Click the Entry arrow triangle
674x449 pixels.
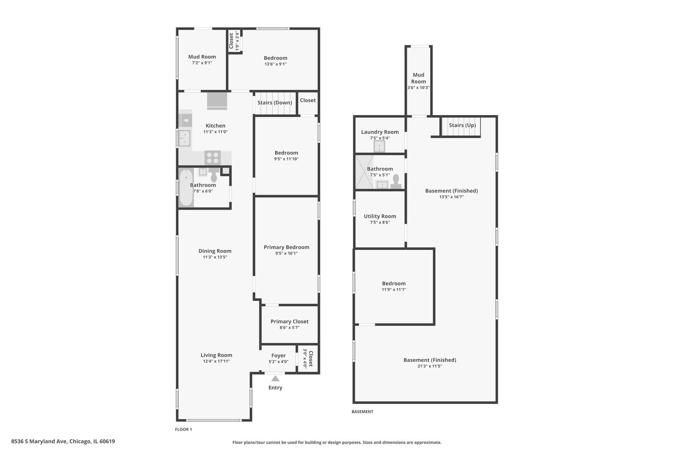(x=275, y=378)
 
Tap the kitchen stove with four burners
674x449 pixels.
(x=213, y=158)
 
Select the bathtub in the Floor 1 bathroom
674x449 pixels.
(x=186, y=187)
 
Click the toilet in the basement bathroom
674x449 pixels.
(x=396, y=181)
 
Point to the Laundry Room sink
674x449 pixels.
(x=379, y=146)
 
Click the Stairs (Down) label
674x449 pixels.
(x=275, y=103)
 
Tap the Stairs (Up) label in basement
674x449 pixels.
(x=462, y=125)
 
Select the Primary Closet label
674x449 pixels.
(x=290, y=321)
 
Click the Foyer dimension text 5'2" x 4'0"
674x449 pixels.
(x=278, y=362)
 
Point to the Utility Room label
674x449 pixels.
(x=380, y=216)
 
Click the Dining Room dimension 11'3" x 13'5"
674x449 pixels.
(x=215, y=257)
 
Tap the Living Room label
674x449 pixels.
(x=216, y=355)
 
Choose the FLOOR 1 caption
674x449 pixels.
(x=183, y=429)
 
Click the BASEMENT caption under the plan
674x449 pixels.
(x=362, y=412)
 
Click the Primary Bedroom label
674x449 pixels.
(x=286, y=247)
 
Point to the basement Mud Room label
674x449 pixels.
(x=419, y=78)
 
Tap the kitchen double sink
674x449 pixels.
(x=184, y=138)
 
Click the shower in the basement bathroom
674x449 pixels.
(x=364, y=172)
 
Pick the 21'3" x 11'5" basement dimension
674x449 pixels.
(x=430, y=366)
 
